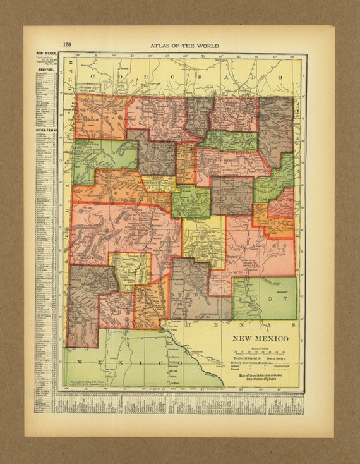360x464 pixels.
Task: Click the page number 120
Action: coord(66,45)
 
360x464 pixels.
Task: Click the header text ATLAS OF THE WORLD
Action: coord(186,45)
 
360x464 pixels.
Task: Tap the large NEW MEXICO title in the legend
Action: coord(263,338)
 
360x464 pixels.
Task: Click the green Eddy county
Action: coord(265,298)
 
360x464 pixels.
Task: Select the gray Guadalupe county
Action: coord(231,195)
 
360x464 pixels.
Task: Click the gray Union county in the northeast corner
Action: coord(275,130)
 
